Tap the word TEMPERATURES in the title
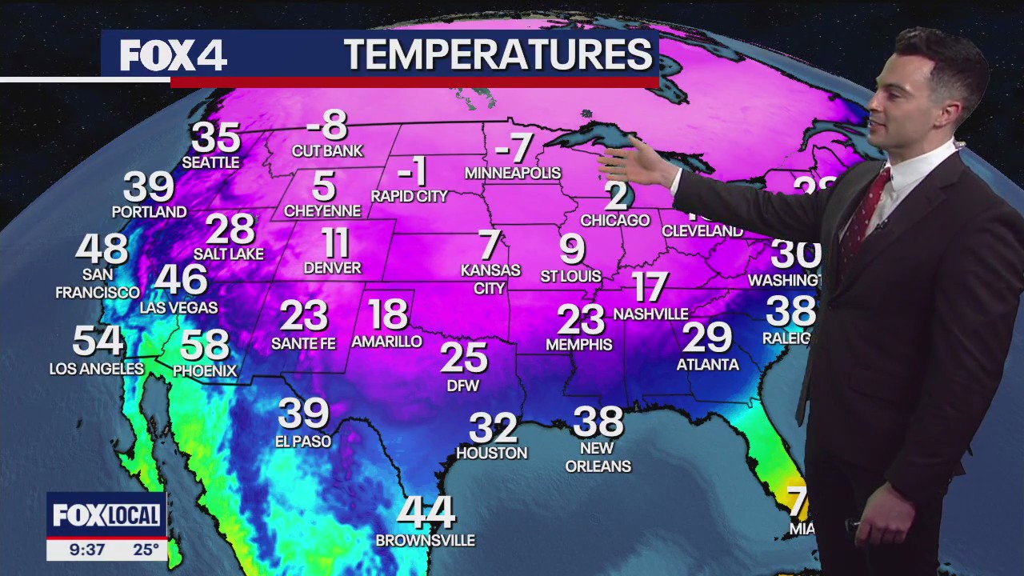[x=498, y=54]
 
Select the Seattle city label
[x=210, y=162]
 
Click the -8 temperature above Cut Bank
[x=327, y=126]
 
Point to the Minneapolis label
[x=513, y=173]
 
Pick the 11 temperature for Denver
[x=335, y=242]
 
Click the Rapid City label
[x=410, y=196]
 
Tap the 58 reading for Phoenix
[x=204, y=345]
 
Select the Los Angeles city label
[x=97, y=369]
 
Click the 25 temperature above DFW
[x=463, y=358]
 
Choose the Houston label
[x=491, y=453]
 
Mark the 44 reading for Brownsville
[x=426, y=513]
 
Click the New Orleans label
[x=598, y=457]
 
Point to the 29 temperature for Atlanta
[x=707, y=338]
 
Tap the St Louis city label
[x=570, y=276]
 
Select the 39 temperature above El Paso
[x=303, y=414]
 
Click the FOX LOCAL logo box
[x=106, y=516]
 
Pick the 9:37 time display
[x=86, y=550]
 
